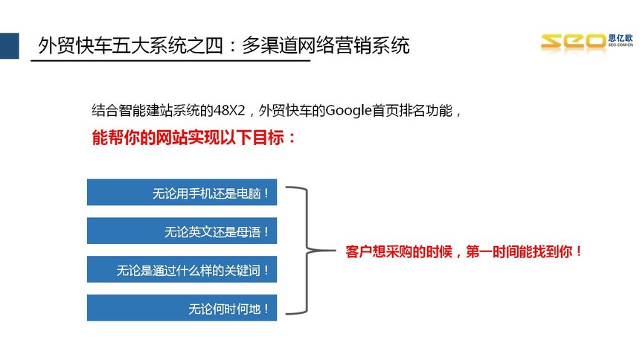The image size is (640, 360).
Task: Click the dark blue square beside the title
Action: point(10,45)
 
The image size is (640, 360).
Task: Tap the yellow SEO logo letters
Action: point(574,42)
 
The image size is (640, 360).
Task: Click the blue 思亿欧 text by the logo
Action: point(621,38)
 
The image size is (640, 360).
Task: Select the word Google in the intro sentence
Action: point(348,111)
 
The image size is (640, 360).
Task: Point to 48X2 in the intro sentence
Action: point(229,111)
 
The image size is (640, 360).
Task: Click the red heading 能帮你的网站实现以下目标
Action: point(188,138)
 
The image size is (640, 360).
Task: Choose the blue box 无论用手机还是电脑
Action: point(182,192)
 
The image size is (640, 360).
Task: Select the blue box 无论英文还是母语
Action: point(182,231)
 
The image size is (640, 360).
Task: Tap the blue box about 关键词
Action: point(182,269)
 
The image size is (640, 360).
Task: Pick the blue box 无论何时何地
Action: point(182,308)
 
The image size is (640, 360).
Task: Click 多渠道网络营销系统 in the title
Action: point(326,45)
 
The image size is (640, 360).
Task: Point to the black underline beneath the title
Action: point(170,60)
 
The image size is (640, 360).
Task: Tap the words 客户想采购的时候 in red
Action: point(399,251)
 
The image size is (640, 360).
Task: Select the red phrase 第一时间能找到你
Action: point(519,251)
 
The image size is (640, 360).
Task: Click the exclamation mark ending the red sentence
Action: point(578,251)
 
